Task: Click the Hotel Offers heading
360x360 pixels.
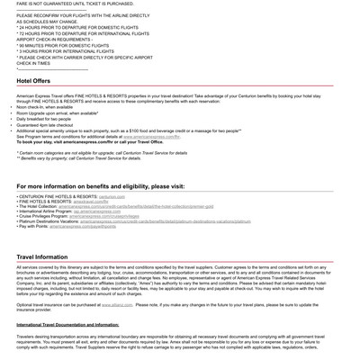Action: coord(33,81)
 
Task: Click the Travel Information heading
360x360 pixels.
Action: coord(41,256)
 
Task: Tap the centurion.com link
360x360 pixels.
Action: coord(112,196)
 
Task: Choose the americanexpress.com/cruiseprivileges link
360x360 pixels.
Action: coord(104,216)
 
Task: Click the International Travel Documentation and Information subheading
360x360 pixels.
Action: coord(67,324)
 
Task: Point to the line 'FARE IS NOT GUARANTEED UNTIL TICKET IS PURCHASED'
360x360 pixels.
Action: coord(81,3)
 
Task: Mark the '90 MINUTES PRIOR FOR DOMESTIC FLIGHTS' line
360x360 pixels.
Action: coord(65,45)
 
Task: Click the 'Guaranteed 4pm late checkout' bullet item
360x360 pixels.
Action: coord(50,124)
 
